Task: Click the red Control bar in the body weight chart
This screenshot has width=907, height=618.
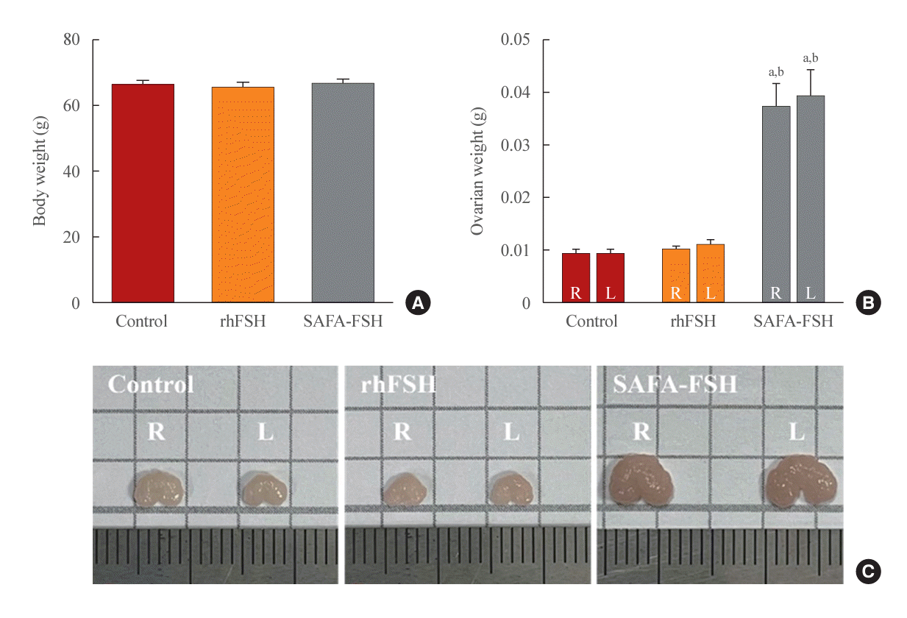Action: click(x=143, y=193)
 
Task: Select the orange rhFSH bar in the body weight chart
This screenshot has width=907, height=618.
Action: click(x=243, y=195)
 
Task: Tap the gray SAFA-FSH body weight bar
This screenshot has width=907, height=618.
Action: click(x=343, y=193)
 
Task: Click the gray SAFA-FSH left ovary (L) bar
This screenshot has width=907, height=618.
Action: click(x=810, y=199)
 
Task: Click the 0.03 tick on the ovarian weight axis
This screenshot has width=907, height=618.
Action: click(x=516, y=145)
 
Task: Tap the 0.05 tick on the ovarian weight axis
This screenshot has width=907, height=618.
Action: click(x=516, y=39)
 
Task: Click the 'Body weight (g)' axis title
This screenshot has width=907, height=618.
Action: click(x=40, y=171)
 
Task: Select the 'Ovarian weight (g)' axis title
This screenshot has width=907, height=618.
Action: click(x=477, y=171)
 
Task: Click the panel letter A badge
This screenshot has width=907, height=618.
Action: click(x=416, y=302)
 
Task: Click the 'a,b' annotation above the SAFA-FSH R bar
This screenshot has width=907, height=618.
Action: click(x=775, y=72)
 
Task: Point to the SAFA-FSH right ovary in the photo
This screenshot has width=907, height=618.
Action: click(x=640, y=482)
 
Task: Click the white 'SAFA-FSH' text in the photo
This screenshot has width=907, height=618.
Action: click(x=675, y=384)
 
